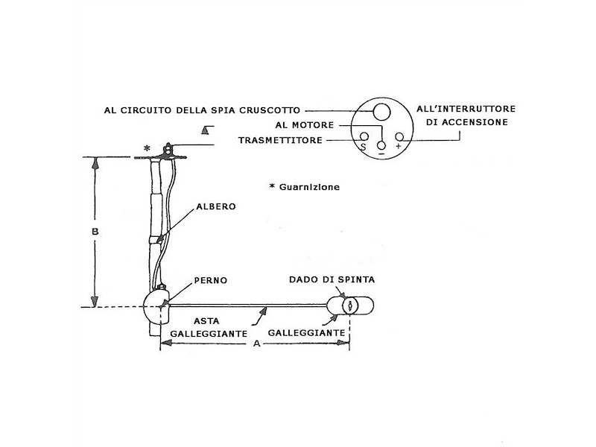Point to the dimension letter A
(256, 344)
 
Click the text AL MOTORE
(304, 125)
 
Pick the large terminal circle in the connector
(381, 112)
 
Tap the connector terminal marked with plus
(399, 137)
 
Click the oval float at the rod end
(352, 305)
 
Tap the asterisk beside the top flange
(147, 149)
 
